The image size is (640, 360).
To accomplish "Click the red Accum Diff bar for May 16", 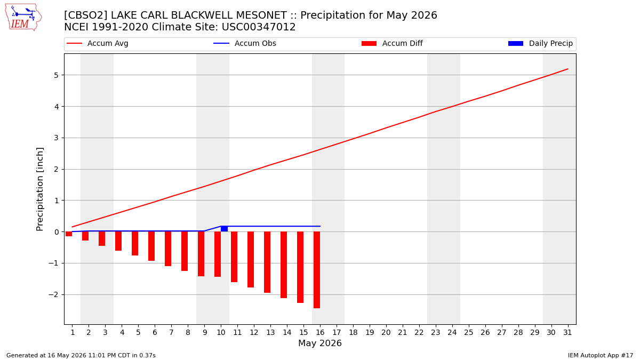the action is (x=317, y=270).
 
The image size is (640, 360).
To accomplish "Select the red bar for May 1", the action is (x=69, y=234).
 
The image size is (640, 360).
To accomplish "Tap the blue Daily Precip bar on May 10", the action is (x=225, y=229).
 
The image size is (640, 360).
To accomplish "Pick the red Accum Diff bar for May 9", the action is (x=201, y=254).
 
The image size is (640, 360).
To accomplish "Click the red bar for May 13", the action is (x=267, y=262).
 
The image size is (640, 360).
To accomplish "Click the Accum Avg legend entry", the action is (x=98, y=43).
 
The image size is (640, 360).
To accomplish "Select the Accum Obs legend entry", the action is (x=245, y=43).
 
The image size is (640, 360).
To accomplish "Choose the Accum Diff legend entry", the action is (x=392, y=43).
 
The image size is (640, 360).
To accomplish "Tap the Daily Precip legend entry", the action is (x=540, y=43).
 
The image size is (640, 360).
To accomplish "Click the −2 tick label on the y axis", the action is (x=53, y=294).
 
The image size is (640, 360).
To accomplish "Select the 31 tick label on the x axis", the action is (x=567, y=333).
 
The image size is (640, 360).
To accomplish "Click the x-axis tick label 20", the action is (x=386, y=333).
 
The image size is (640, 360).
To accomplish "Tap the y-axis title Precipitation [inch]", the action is (x=39, y=189).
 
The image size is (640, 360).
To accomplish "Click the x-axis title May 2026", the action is (x=320, y=343).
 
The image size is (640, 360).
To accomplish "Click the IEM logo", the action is (x=23, y=18).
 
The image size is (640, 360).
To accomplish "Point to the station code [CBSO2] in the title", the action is (x=85, y=15).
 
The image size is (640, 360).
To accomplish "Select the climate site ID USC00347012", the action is (x=259, y=27).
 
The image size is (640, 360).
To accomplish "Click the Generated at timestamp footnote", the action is (x=81, y=355).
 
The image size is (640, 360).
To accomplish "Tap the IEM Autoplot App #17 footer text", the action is (x=601, y=355).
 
